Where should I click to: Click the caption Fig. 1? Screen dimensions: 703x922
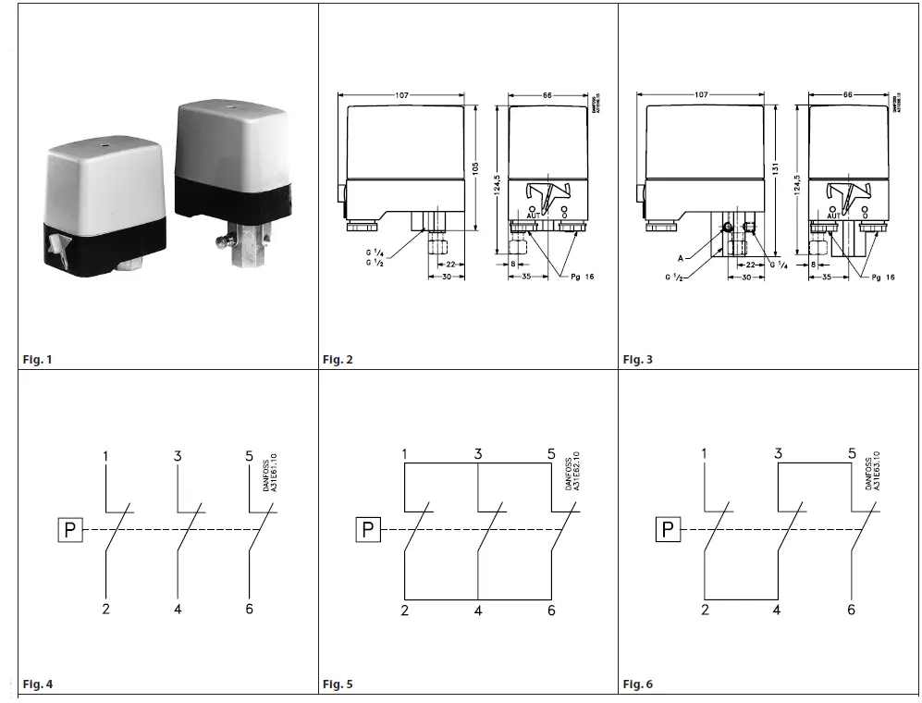[x=38, y=359]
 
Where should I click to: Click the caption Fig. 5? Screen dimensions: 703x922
[x=338, y=684]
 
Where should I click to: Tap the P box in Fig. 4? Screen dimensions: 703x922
[x=69, y=530]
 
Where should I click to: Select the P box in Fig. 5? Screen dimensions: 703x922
[x=368, y=530]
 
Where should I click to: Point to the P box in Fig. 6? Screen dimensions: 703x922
[x=668, y=530]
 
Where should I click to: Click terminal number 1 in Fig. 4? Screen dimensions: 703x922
[x=106, y=456]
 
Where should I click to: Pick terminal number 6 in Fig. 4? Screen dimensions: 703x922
[x=250, y=609]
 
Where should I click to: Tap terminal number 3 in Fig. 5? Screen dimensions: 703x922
[x=478, y=453]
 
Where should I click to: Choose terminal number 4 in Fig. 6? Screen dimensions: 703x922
[x=777, y=610]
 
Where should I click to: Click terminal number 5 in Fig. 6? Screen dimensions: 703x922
[x=851, y=453]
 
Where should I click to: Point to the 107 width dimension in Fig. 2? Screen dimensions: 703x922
[x=402, y=95]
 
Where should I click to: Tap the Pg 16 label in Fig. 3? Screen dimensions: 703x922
[x=883, y=277]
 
